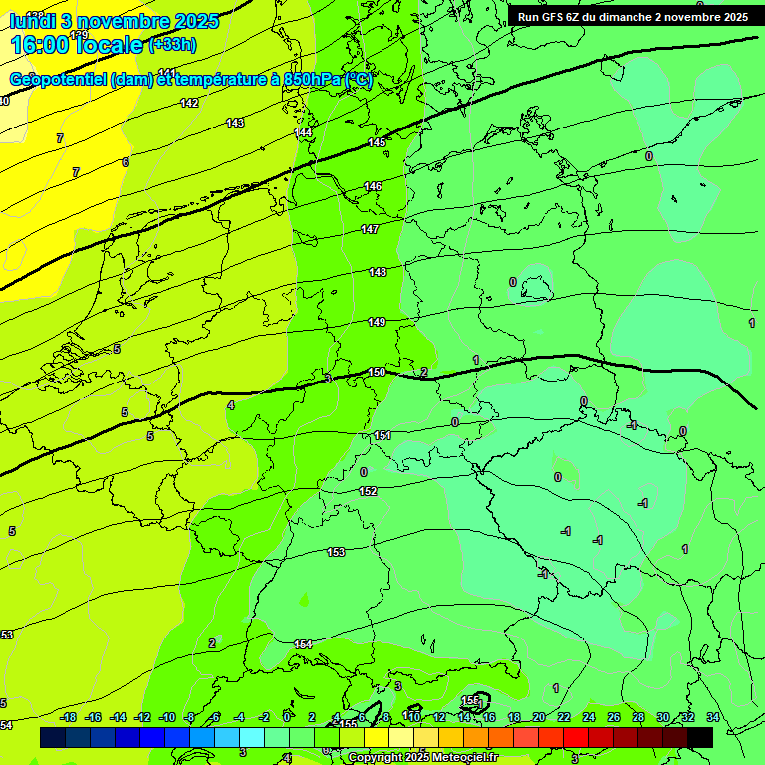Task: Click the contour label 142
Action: click(189, 103)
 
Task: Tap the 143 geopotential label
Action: click(235, 123)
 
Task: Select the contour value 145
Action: click(376, 142)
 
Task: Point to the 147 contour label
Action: click(370, 229)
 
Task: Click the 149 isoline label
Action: click(377, 322)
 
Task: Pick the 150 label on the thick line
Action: click(377, 372)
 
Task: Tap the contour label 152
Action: click(368, 491)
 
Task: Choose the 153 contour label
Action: click(336, 552)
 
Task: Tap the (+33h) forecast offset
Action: click(172, 45)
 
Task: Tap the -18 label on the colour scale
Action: click(69, 717)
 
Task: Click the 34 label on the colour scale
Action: click(712, 717)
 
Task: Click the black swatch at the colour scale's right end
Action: click(700, 737)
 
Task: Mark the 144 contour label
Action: click(304, 132)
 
